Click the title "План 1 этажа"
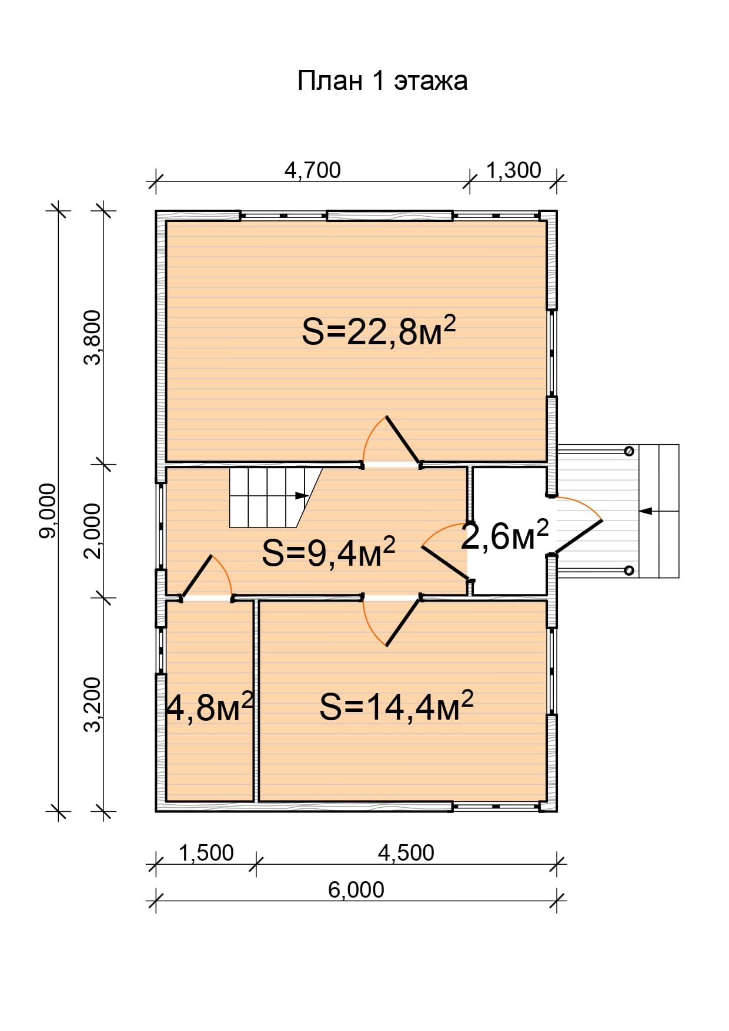[x=382, y=81]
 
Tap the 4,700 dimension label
[x=312, y=170]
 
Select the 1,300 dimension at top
[x=513, y=170]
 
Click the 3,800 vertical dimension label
[x=93, y=337]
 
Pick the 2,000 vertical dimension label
[x=93, y=530]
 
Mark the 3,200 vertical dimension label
[x=93, y=704]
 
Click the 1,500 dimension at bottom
[x=206, y=853]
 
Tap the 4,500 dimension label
[x=406, y=853]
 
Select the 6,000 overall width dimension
[x=356, y=890]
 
